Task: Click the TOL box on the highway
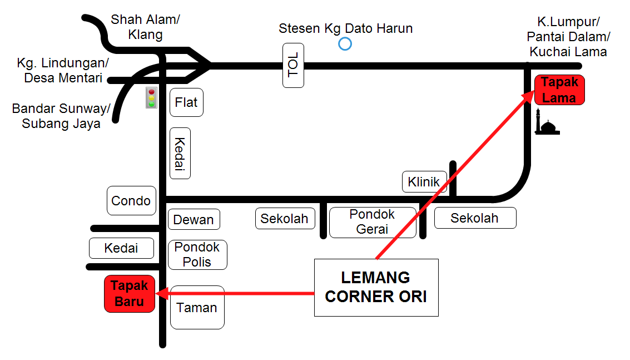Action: (x=293, y=65)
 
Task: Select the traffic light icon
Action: (x=151, y=98)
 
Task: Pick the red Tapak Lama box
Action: (x=559, y=90)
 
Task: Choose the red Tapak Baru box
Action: (x=130, y=294)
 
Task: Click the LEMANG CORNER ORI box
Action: (x=376, y=287)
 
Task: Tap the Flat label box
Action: (x=186, y=102)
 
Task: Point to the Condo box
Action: (x=131, y=200)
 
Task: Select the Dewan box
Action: (x=194, y=219)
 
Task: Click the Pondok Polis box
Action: (x=197, y=255)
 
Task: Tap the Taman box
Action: (x=197, y=307)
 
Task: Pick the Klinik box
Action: (x=424, y=182)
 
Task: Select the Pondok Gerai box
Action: (x=373, y=222)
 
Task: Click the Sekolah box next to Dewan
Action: (x=285, y=219)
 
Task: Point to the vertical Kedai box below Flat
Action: (x=180, y=153)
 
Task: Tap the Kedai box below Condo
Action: (x=121, y=248)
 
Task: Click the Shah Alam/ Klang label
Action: (x=146, y=27)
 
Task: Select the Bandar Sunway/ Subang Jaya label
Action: (x=61, y=116)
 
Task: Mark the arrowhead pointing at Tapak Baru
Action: (x=161, y=293)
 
